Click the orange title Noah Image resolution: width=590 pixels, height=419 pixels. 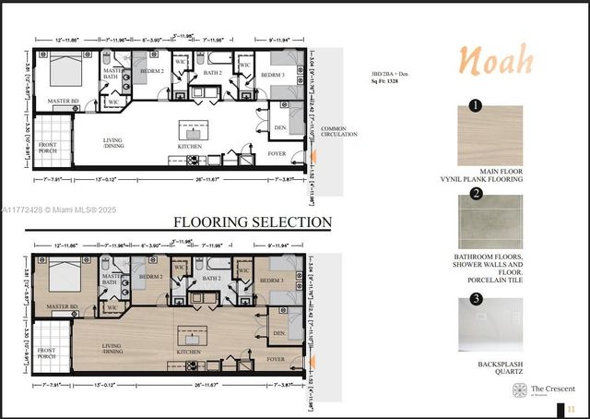[496, 60]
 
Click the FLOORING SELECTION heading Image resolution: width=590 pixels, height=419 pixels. [253, 222]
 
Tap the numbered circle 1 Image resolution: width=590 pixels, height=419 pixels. [476, 106]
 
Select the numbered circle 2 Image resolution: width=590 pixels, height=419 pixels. [476, 194]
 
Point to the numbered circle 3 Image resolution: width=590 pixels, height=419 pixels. [476, 298]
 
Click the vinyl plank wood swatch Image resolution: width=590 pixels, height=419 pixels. [490, 136]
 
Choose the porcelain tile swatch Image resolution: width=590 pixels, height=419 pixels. [490, 221]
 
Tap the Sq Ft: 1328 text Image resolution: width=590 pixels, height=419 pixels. [385, 82]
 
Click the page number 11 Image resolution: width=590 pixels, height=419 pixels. [572, 409]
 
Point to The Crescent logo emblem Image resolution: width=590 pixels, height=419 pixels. [520, 390]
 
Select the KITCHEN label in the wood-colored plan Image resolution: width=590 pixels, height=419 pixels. [189, 352]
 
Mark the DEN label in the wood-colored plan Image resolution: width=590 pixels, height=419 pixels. [279, 332]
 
